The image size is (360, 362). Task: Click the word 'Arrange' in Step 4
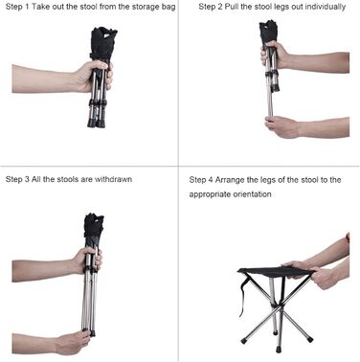[x=229, y=180]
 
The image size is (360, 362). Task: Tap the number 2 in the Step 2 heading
[x=219, y=7]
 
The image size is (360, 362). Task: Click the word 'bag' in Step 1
[x=169, y=7]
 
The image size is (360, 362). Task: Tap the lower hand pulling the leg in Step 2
[x=281, y=126]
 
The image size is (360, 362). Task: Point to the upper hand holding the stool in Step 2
[x=275, y=55]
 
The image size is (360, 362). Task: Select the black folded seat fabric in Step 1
[x=102, y=43]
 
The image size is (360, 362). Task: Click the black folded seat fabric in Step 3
[x=94, y=228]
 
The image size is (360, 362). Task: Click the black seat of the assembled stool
[x=275, y=271]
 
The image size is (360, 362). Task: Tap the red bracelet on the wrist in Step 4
[x=348, y=238]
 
